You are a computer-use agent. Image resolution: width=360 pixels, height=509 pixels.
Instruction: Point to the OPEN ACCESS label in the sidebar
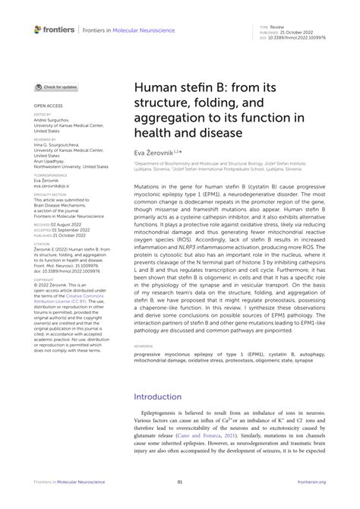point(48,106)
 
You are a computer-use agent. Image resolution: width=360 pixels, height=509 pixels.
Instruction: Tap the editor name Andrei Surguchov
point(51,122)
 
